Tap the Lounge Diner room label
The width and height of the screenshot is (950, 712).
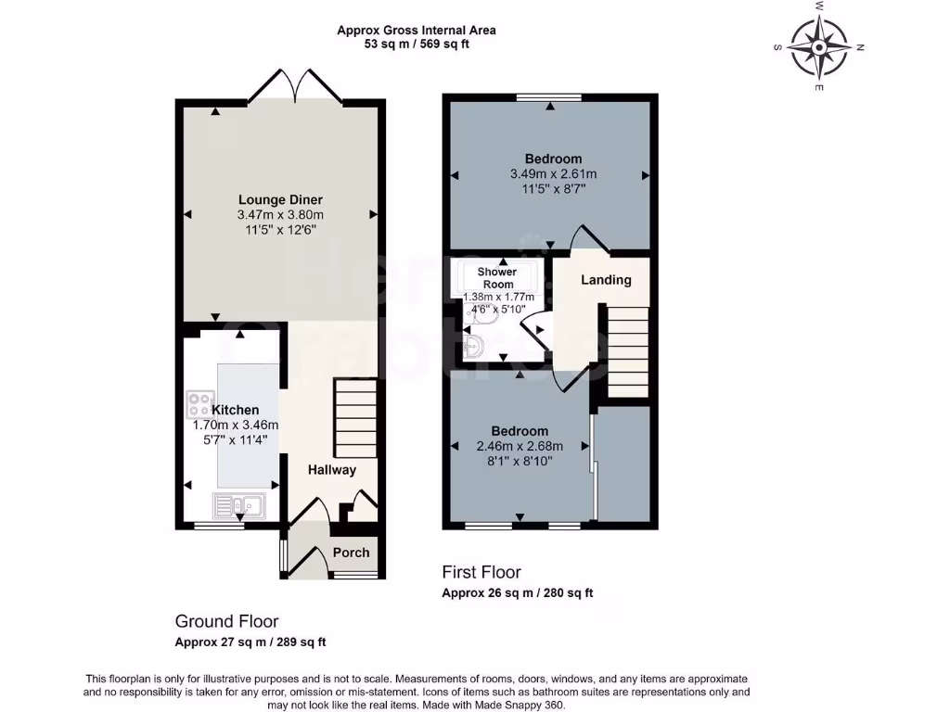coord(280,199)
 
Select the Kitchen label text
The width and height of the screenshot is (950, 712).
coord(236,410)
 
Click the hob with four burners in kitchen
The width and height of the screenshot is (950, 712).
coord(199,404)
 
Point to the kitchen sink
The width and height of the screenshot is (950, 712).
coord(238,506)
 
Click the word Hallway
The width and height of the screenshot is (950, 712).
coord(332,470)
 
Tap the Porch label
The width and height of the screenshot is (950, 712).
coord(351,553)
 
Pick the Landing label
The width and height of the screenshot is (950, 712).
coord(606,280)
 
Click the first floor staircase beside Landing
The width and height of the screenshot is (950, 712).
coord(628,352)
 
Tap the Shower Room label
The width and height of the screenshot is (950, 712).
coord(497,278)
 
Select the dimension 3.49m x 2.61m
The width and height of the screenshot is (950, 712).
coord(553,173)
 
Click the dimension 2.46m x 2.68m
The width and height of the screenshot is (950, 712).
coord(520,445)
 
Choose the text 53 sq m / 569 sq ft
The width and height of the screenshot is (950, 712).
coord(417,44)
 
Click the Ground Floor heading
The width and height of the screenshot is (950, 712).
coord(226,621)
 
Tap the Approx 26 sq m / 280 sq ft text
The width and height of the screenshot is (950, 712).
coord(517,593)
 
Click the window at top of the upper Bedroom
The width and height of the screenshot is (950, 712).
coord(549,97)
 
